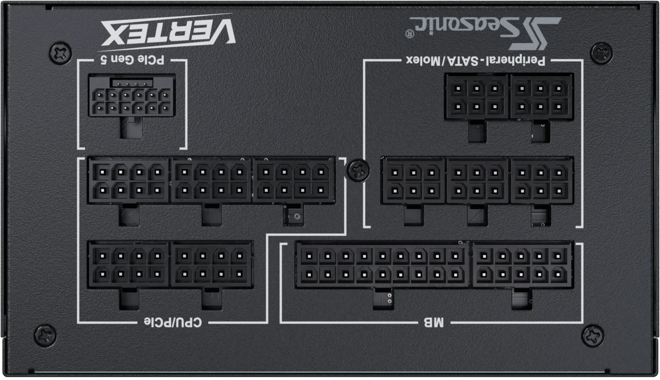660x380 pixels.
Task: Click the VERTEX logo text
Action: [168, 32]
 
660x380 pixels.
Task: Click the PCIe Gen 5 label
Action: [132, 60]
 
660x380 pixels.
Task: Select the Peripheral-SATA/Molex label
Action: [476, 61]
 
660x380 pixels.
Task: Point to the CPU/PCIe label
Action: [173, 322]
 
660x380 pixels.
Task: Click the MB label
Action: [434, 322]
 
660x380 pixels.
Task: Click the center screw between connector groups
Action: [358, 170]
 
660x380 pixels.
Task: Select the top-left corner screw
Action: [60, 53]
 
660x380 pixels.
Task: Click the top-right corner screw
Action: [601, 53]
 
